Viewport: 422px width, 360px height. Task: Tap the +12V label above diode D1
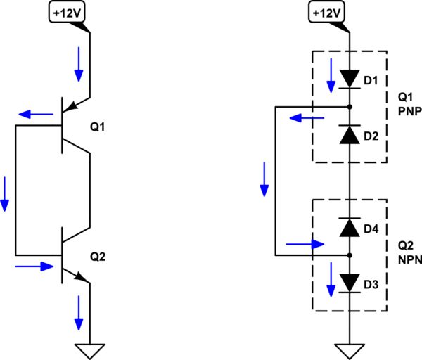pyautogui.click(x=326, y=12)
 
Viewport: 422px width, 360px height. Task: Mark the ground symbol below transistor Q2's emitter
pyautogui.click(x=90, y=350)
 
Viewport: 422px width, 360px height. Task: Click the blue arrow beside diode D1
pyautogui.click(x=328, y=75)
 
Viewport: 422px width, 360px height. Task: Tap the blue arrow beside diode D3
pyautogui.click(x=328, y=280)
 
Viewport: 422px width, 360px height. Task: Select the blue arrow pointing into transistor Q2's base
pyautogui.click(x=34, y=266)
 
